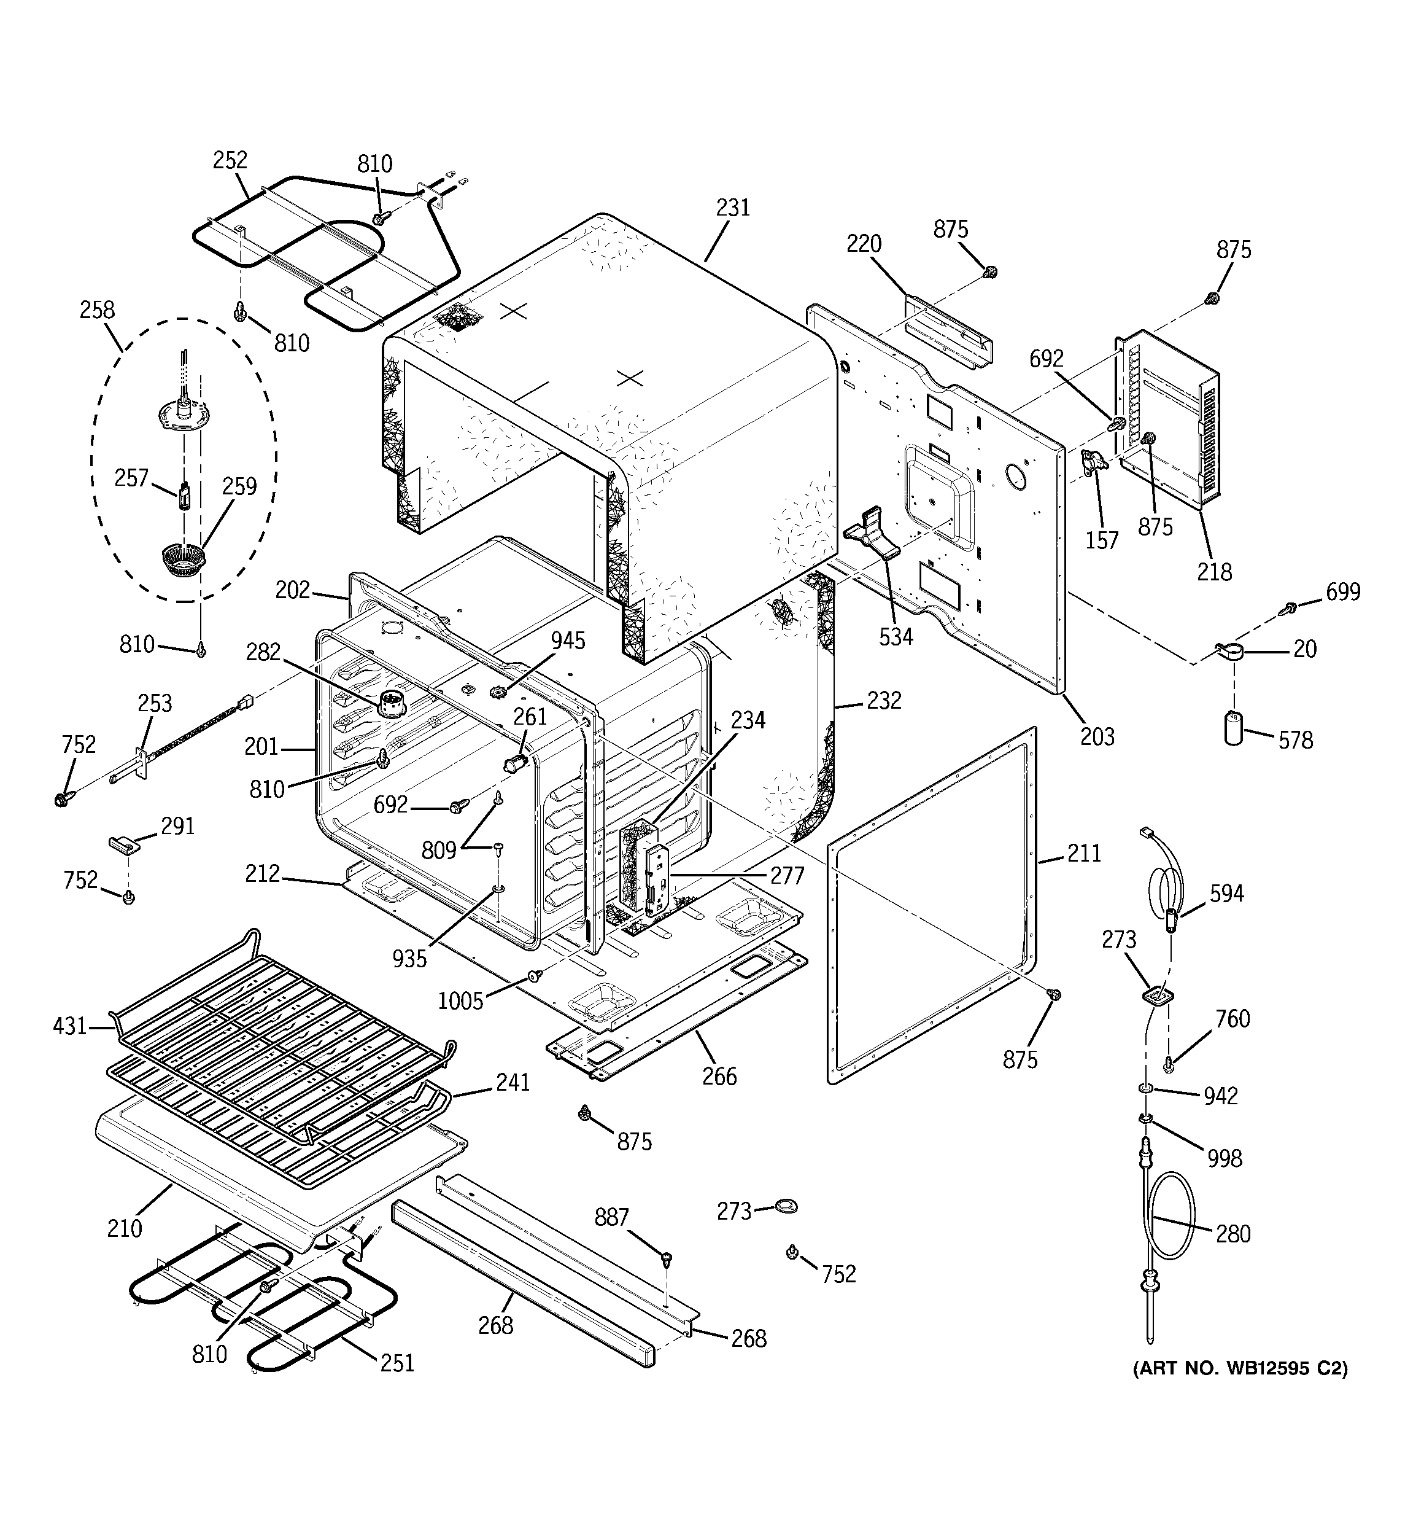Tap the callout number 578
tap(1296, 739)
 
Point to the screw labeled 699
tap(1290, 608)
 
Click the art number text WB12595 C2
tap(1240, 1368)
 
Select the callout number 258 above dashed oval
tap(97, 310)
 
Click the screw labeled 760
tap(1169, 1062)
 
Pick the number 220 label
tap(864, 244)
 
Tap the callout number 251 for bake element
tap(397, 1363)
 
